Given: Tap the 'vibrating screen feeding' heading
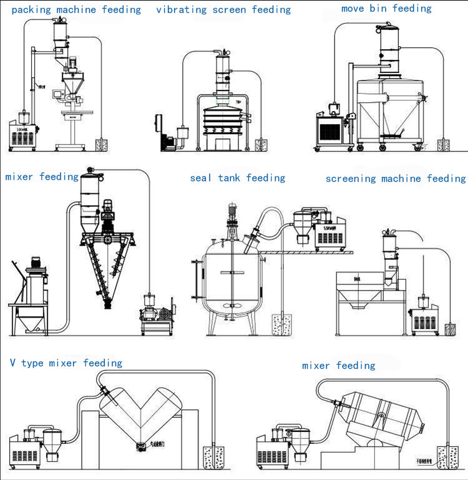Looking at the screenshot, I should click(223, 10).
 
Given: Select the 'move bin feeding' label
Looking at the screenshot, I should click(386, 9).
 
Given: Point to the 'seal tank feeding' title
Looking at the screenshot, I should click(238, 178).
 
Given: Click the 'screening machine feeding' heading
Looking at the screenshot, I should click(396, 179).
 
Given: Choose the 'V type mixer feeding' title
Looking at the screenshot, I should click(66, 363).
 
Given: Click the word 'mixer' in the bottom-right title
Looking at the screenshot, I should click(318, 366).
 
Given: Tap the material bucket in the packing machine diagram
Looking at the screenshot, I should click(102, 145).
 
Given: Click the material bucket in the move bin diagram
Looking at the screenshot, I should click(444, 145).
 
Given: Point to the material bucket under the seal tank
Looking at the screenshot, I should click(280, 326).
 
